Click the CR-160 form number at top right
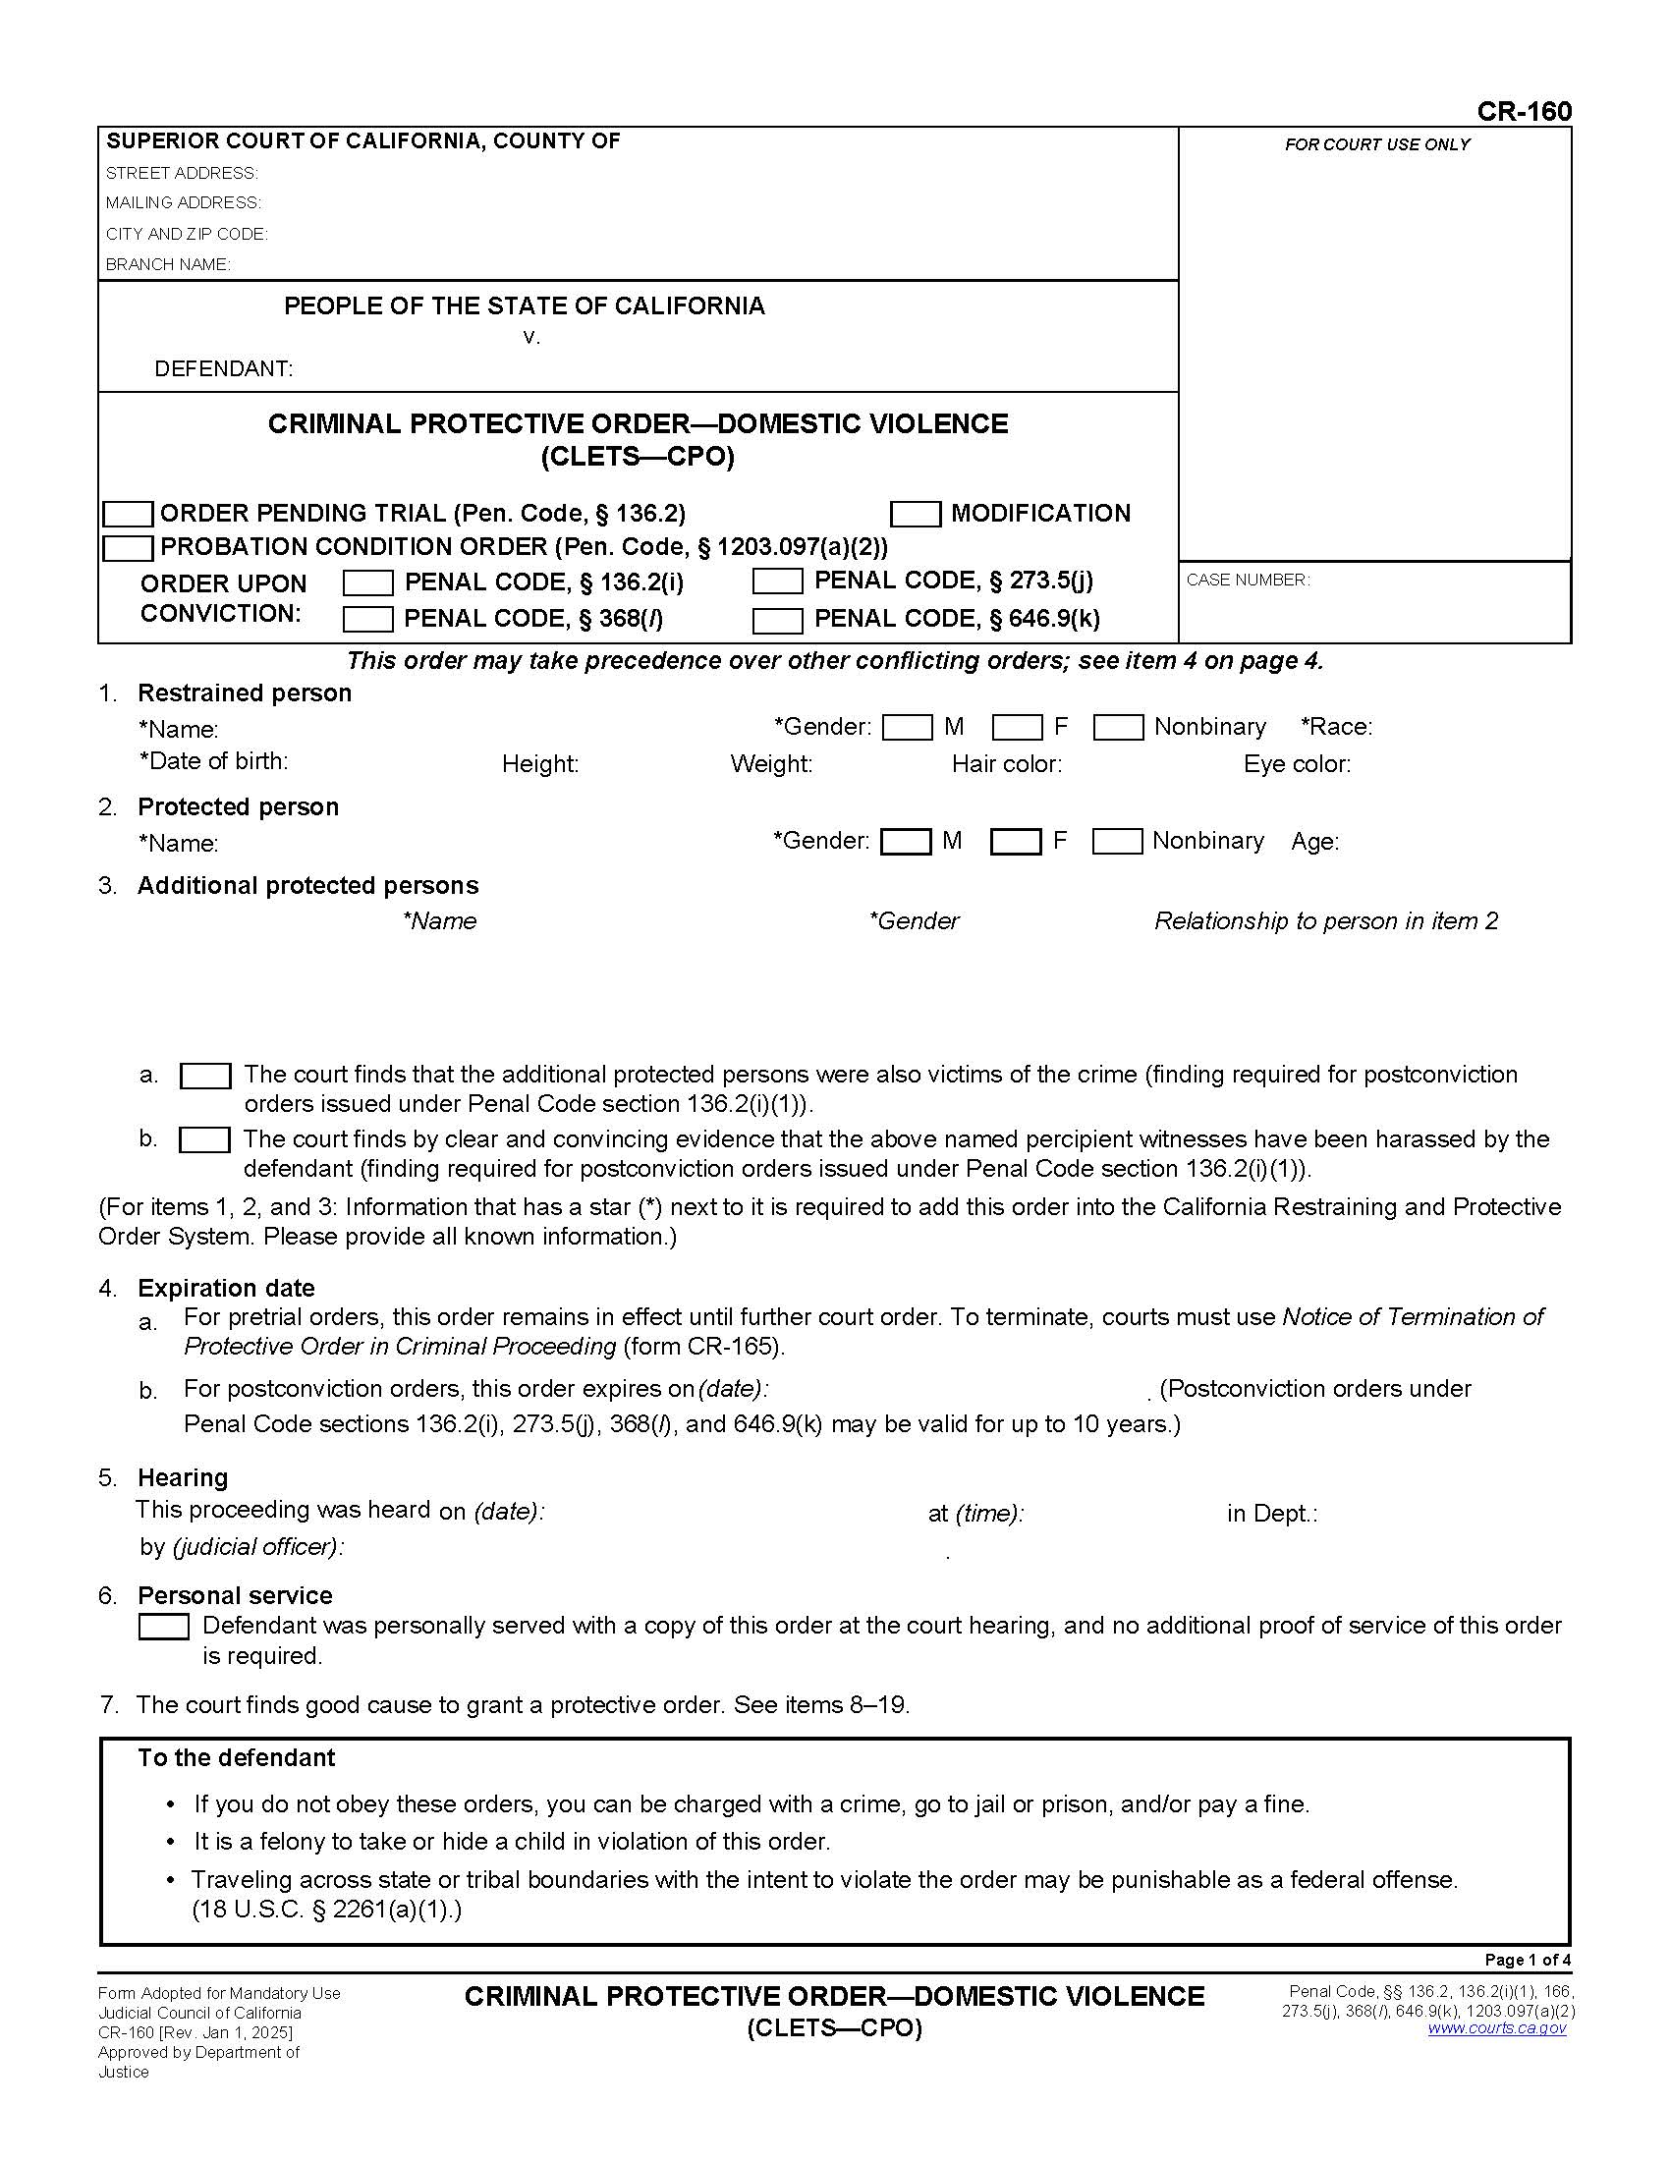click(1523, 111)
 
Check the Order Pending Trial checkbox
click(129, 514)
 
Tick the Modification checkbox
click(916, 514)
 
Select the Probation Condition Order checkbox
click(129, 547)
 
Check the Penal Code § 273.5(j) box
click(777, 581)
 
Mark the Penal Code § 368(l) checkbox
click(367, 620)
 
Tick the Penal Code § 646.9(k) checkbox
click(777, 621)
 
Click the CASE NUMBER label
click(1248, 580)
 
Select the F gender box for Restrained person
click(1016, 727)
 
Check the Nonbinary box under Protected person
click(1117, 841)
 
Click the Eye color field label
click(1296, 764)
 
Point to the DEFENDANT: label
click(224, 369)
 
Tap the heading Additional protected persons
click(307, 886)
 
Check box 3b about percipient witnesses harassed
click(204, 1139)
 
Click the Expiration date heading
click(226, 1288)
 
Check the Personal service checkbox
click(163, 1627)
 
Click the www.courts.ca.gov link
click(1496, 2027)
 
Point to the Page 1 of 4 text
click(1527, 1960)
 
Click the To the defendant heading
click(237, 1757)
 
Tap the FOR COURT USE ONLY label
click(1376, 144)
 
